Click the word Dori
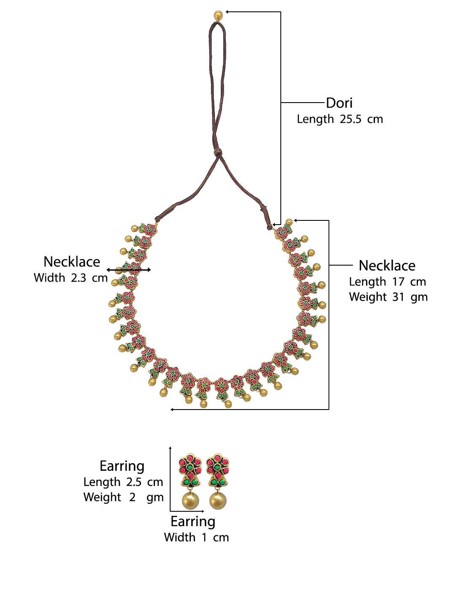[339, 103]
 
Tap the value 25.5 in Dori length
[350, 119]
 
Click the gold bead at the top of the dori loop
[218, 15]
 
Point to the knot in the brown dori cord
[217, 152]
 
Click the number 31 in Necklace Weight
[399, 297]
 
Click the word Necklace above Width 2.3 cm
[72, 262]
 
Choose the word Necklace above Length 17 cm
[387, 266]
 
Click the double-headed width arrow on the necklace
[129, 269]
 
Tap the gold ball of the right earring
[218, 501]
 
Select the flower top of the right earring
[217, 465]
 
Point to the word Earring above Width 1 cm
[193, 522]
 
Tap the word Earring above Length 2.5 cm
[122, 466]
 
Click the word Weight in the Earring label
[102, 497]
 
